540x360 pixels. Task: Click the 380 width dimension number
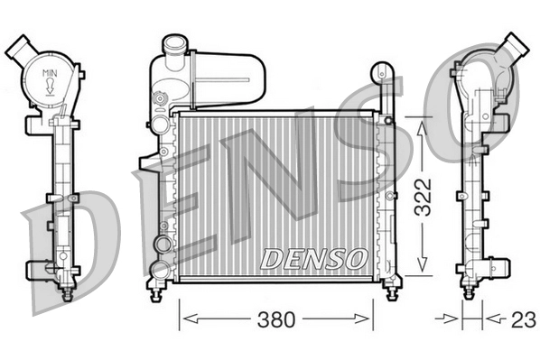[275, 318]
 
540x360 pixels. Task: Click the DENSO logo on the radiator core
[312, 258]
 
